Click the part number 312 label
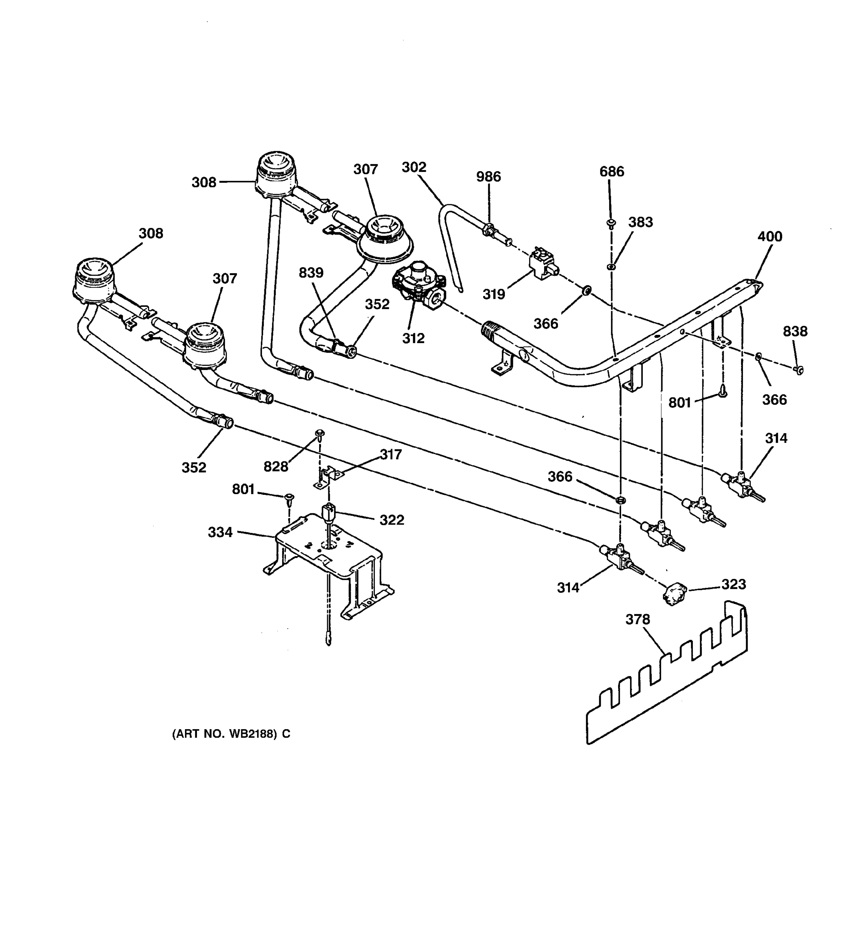[413, 338]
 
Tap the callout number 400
[770, 236]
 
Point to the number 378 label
[637, 619]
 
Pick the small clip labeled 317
[329, 477]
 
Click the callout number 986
[488, 177]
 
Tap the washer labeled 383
[611, 267]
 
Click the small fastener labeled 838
[799, 370]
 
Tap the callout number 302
[413, 167]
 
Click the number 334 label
[220, 532]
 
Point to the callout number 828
[276, 466]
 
